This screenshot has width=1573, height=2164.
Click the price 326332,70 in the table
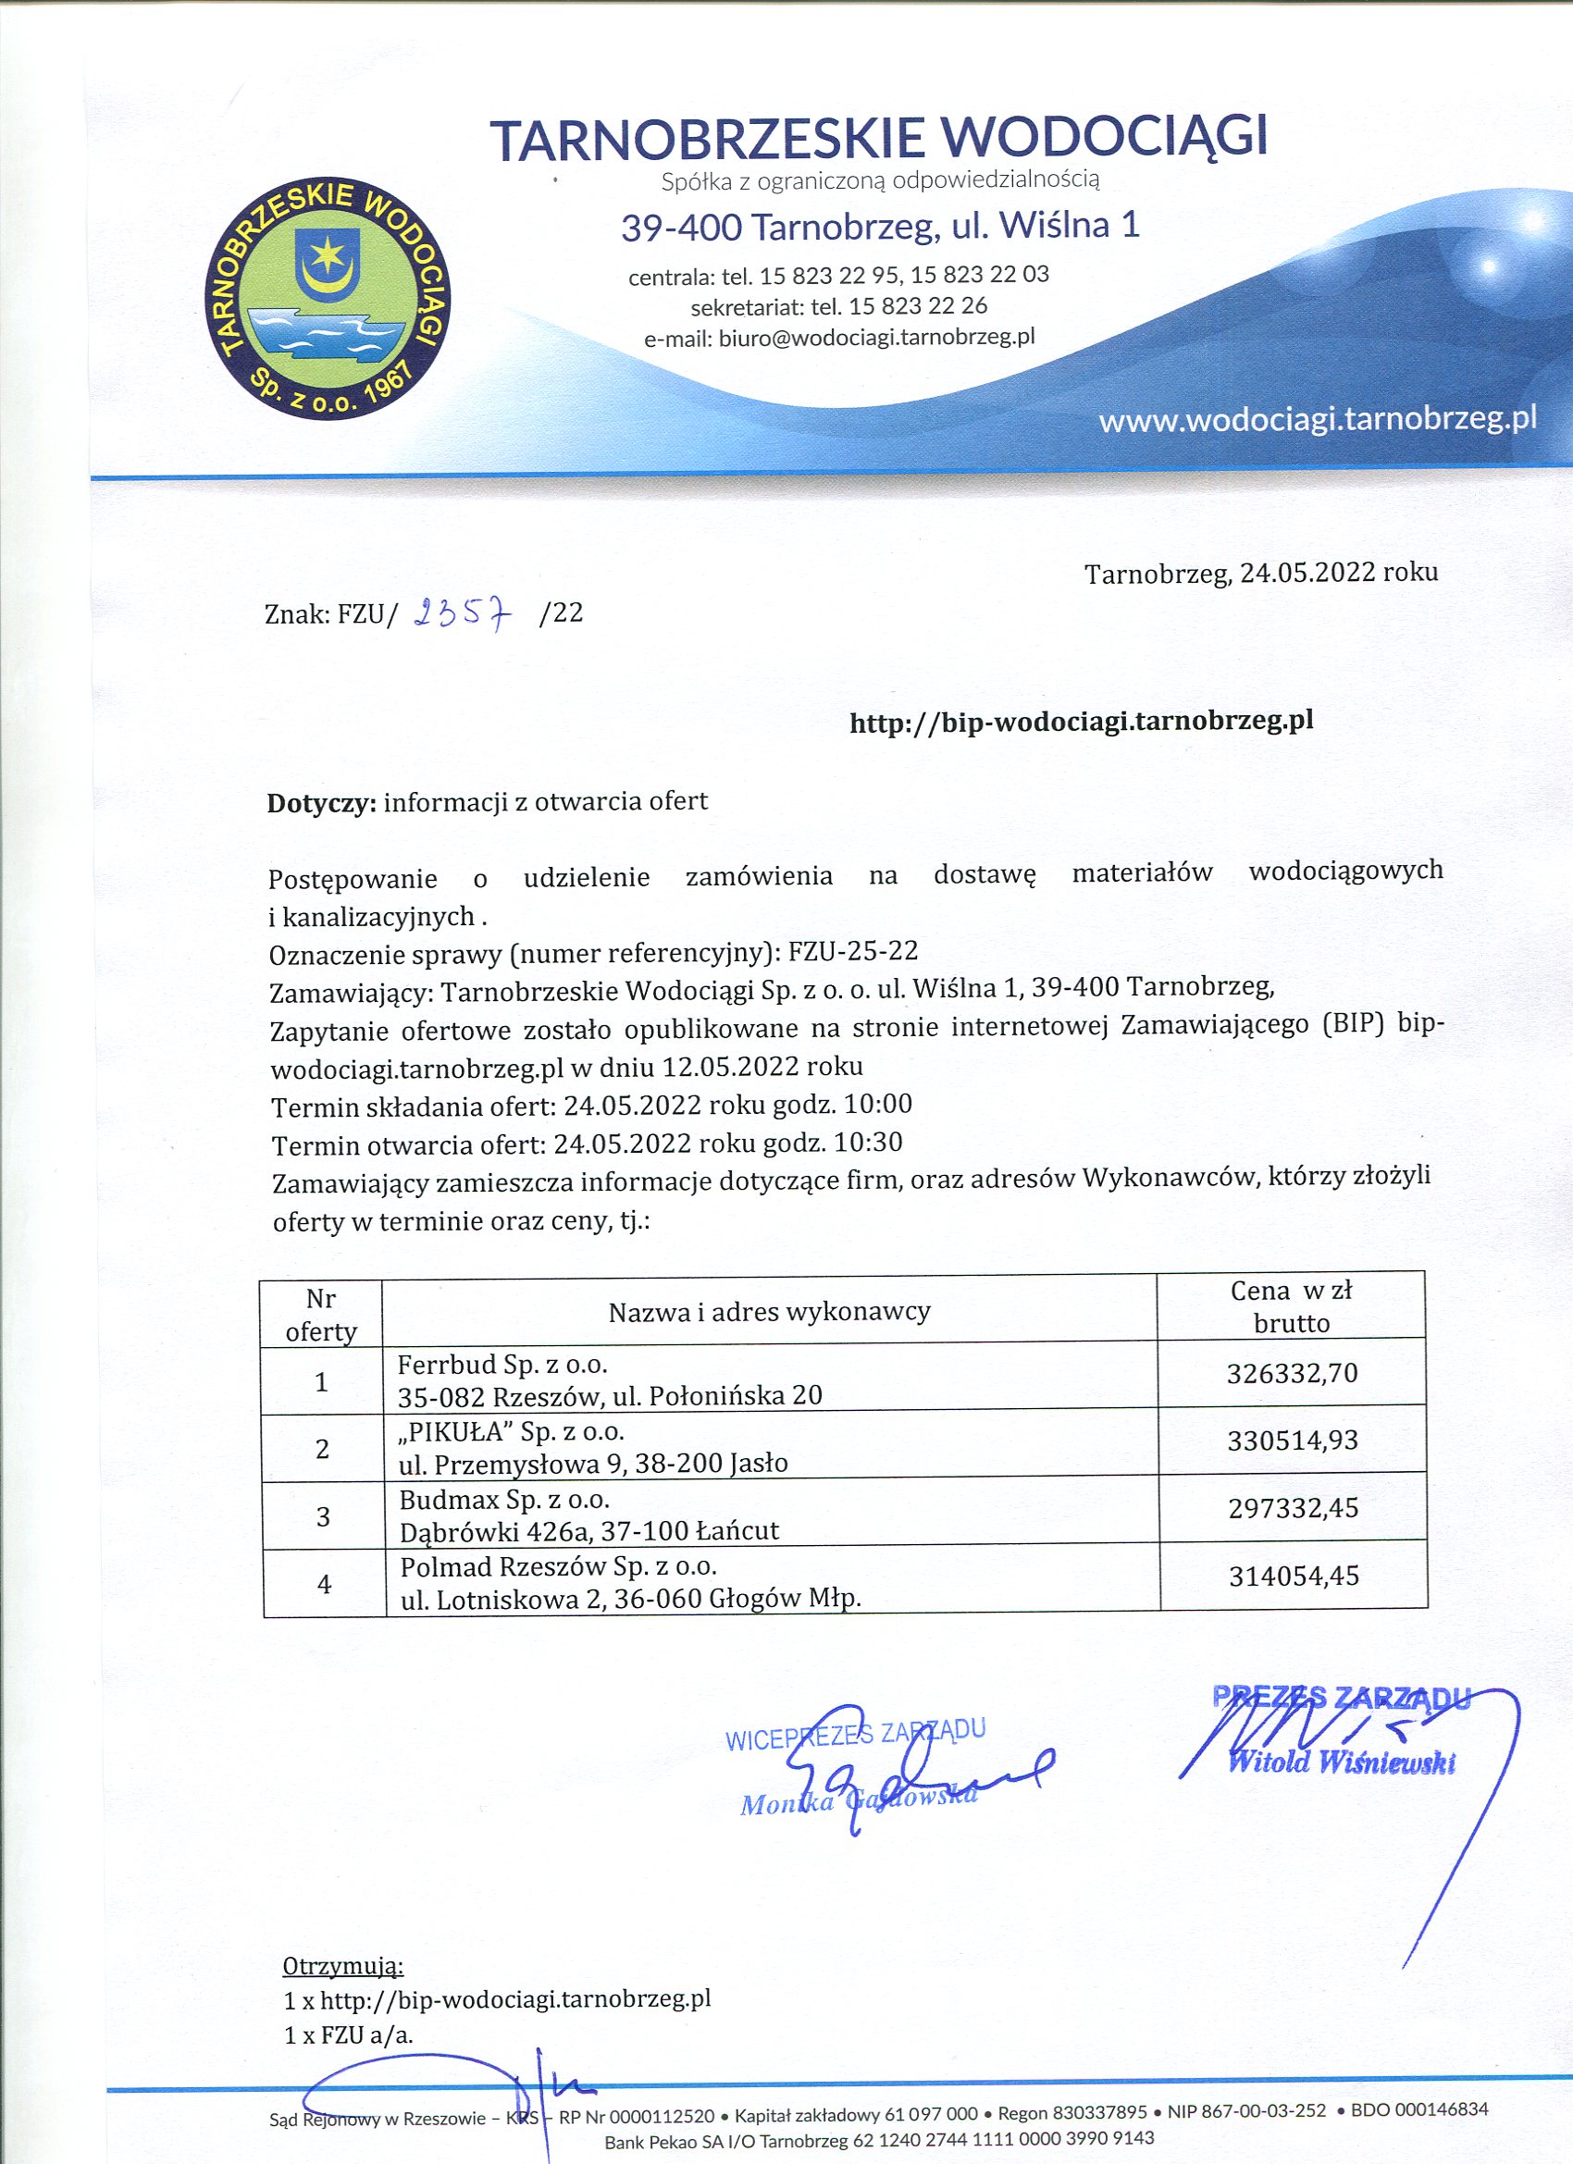(x=1291, y=1373)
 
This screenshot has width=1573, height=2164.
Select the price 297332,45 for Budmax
(x=1293, y=1508)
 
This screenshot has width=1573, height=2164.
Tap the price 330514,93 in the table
(x=1292, y=1440)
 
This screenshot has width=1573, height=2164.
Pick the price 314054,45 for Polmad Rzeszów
(x=1293, y=1577)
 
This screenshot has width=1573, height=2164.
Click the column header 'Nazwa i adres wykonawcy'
(x=768, y=1312)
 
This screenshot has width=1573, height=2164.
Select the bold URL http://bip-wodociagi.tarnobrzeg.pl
(x=1081, y=721)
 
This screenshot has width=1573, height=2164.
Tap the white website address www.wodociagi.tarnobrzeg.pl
(x=1318, y=419)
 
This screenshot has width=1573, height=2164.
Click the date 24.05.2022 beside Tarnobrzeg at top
(x=1307, y=573)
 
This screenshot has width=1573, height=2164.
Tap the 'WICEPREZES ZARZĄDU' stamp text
(x=854, y=1735)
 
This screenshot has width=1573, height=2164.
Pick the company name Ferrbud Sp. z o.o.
(x=502, y=1363)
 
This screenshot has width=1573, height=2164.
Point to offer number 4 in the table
(x=325, y=1584)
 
